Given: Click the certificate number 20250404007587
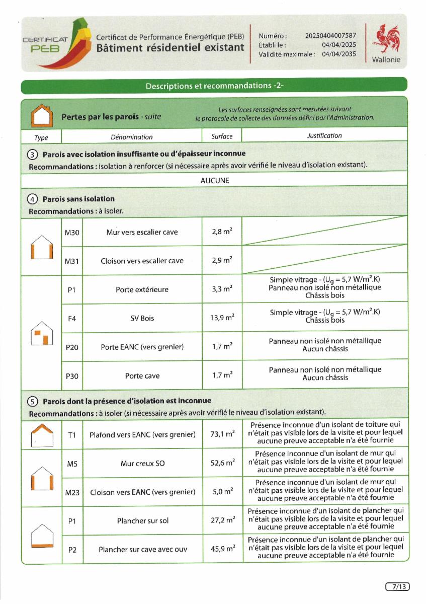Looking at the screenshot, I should [330, 36].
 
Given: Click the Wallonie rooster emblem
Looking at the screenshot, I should [386, 39].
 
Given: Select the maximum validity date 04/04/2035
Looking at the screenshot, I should [338, 54].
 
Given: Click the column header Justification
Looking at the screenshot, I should [324, 135].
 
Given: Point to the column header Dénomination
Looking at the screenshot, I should [131, 137].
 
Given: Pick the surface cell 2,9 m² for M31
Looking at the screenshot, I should [222, 261].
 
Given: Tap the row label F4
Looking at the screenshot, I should [71, 318].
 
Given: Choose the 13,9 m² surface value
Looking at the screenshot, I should [222, 318].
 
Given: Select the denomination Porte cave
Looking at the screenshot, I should [142, 376].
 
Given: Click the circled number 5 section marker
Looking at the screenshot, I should [33, 402].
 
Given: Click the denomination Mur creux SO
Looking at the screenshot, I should [142, 463].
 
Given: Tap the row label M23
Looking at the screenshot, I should [72, 492].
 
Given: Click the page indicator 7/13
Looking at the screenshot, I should [397, 586].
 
